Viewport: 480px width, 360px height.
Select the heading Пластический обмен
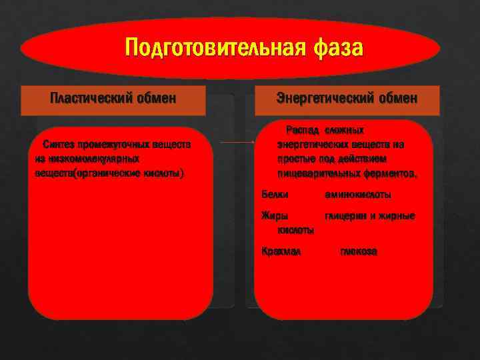(113, 99)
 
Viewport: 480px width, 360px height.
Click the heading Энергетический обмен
(347, 99)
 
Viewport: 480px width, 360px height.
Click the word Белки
(275, 195)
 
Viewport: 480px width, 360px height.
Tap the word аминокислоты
(357, 195)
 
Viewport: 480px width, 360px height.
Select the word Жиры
(273, 216)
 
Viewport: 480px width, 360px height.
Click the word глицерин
(344, 216)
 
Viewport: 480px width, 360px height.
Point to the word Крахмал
(281, 252)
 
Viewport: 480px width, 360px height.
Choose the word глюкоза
(358, 252)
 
